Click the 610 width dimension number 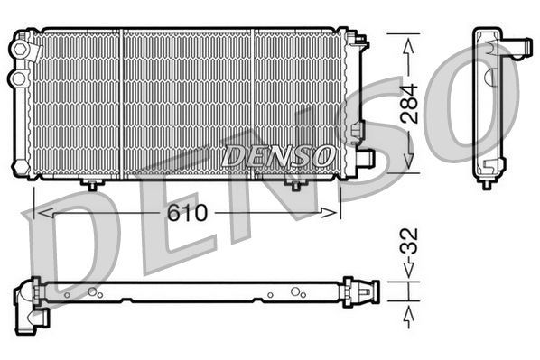tap(186, 214)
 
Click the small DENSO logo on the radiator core tap(277, 156)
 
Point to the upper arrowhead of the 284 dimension tap(409, 42)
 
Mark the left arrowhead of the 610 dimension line tap(38, 214)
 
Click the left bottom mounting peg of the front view tap(91, 184)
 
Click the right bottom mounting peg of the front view tap(295, 184)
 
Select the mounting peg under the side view tap(487, 183)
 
